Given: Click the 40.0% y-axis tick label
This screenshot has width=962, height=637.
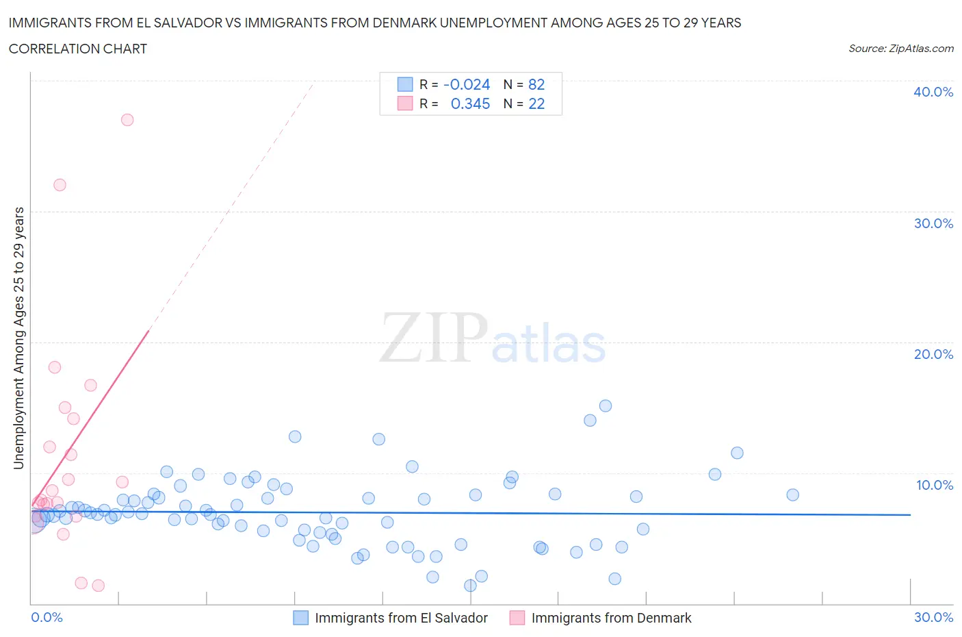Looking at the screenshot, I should coord(933,92).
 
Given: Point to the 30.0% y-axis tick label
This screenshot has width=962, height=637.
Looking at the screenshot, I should coord(933,223).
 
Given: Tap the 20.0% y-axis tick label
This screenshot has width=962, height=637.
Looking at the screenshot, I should coord(933,354).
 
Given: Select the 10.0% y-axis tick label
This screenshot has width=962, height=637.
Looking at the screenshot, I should coord(934,485).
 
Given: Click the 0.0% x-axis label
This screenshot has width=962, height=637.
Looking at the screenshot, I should coord(47,617).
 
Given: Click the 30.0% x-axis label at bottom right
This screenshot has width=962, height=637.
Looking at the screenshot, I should coord(933,617).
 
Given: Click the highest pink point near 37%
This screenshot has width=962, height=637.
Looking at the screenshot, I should coord(127,120).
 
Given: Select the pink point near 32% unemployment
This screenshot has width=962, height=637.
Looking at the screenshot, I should coord(60,185).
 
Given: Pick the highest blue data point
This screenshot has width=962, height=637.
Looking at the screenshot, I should coord(606,405).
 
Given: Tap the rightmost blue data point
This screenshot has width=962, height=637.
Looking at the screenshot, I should coord(792,495).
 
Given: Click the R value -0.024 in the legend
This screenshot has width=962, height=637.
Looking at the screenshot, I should coord(467,84).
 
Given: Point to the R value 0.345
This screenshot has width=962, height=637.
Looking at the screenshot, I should coord(470,103).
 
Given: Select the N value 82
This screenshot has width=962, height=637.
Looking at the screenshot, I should coord(536,84).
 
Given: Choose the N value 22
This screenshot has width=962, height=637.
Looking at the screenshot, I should coord(536,103).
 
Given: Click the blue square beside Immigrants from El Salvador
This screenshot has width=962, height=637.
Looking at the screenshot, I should coord(300,618).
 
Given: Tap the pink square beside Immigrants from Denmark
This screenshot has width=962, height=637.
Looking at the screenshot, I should coord(517,618).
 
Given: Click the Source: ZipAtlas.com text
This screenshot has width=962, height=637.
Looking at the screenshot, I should coord(900,48).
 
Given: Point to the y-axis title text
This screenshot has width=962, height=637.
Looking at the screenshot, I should coord(19,338).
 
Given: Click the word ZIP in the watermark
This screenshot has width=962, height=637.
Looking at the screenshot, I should coord(433,338).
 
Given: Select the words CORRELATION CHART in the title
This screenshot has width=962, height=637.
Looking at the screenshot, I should coord(78,49).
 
